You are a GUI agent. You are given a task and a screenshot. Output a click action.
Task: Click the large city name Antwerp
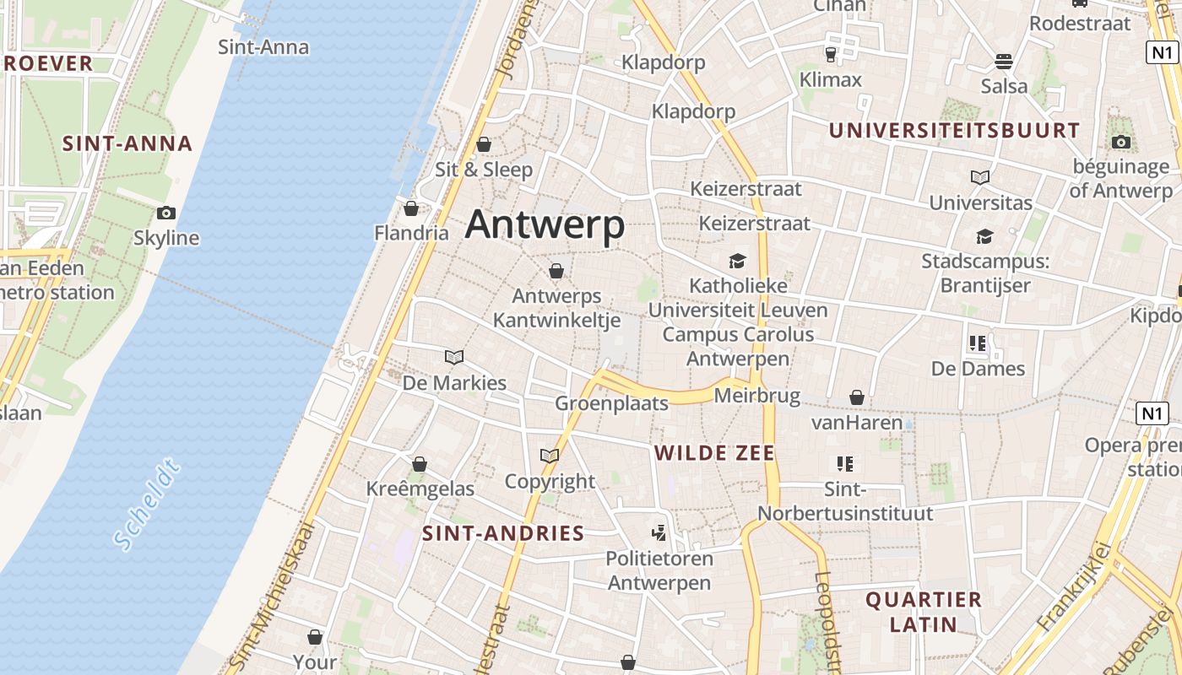pyautogui.click(x=545, y=225)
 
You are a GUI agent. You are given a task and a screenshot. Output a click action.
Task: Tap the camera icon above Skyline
pyautogui.click(x=166, y=213)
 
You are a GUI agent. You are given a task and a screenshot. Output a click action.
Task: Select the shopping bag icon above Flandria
pyautogui.click(x=411, y=208)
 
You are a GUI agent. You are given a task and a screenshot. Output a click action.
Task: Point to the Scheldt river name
pyautogui.click(x=147, y=504)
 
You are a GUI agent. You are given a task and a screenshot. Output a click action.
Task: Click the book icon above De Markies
pyautogui.click(x=454, y=357)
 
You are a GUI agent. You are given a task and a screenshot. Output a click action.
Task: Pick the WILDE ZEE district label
pyautogui.click(x=714, y=453)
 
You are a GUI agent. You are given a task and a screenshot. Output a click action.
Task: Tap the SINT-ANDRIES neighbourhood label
pyautogui.click(x=503, y=533)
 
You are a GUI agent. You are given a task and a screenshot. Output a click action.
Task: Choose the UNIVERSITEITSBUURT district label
pyautogui.click(x=954, y=131)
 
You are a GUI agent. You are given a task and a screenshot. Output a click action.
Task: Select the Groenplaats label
pyautogui.click(x=611, y=403)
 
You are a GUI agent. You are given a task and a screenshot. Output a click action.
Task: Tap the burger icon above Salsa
pyautogui.click(x=1004, y=61)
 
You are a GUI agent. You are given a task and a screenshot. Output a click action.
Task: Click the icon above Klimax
pyautogui.click(x=831, y=55)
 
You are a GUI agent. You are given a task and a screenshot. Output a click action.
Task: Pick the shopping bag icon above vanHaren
pyautogui.click(x=857, y=397)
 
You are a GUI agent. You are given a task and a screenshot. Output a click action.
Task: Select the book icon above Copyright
pyautogui.click(x=550, y=456)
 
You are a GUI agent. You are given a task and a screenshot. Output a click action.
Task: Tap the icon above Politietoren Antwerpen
pyautogui.click(x=659, y=532)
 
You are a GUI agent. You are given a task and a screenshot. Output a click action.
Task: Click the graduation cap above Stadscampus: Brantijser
pyautogui.click(x=984, y=236)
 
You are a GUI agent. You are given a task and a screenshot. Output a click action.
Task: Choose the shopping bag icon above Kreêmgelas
pyautogui.click(x=420, y=463)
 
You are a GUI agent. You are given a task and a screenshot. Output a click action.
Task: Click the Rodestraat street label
pyautogui.click(x=1079, y=23)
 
